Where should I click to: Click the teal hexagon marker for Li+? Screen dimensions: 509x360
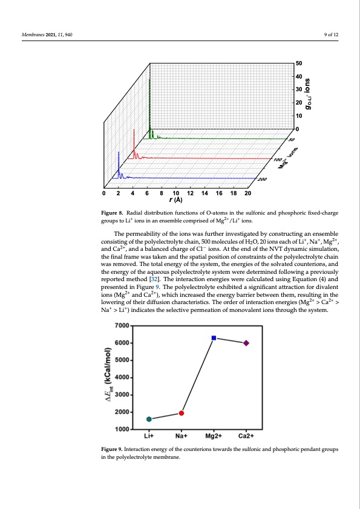click(x=149, y=419)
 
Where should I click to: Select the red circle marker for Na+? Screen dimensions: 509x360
click(x=182, y=413)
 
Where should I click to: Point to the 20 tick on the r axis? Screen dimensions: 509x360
click(x=248, y=193)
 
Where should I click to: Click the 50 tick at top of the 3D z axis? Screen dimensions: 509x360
click(x=298, y=63)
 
